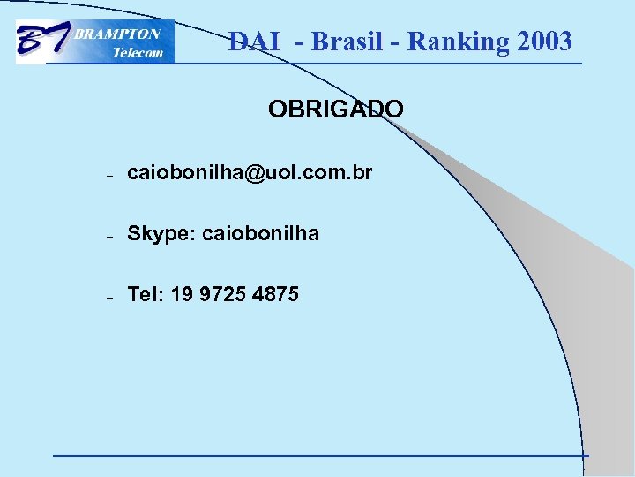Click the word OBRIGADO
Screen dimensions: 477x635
tap(336, 110)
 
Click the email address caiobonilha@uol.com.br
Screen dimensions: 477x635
tap(250, 173)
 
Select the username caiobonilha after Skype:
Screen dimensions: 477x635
tap(261, 234)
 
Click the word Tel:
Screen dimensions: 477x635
tap(146, 294)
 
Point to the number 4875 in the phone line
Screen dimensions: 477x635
tap(275, 294)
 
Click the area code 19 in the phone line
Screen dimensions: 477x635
tap(182, 294)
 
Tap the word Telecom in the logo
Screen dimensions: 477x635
tap(138, 52)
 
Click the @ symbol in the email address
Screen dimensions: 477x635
tap(254, 174)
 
